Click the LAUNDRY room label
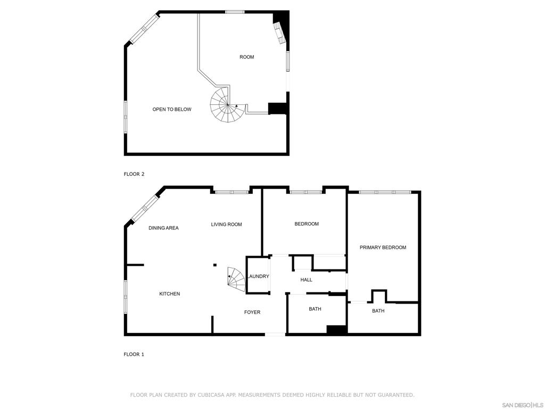(258, 276)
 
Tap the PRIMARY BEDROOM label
(383, 248)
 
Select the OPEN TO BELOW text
(172, 109)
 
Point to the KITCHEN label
(170, 294)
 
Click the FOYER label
(252, 312)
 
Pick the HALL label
(306, 280)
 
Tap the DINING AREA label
(163, 228)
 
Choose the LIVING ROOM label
(226, 225)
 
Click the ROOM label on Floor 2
(247, 57)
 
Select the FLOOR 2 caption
(134, 174)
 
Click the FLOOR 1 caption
(134, 354)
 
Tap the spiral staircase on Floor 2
(225, 104)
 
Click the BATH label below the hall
(315, 309)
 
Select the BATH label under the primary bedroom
(378, 311)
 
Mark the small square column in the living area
(215, 265)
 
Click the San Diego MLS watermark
(523, 405)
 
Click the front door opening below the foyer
(275, 334)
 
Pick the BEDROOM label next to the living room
(307, 224)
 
